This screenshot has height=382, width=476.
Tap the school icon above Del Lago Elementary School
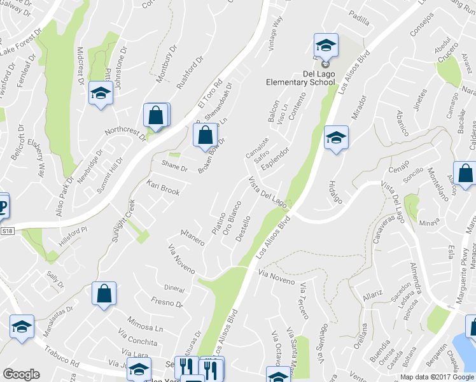(325, 46)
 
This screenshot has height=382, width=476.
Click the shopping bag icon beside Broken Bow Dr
(204, 135)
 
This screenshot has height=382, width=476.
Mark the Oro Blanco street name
(230, 219)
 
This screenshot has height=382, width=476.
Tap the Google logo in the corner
(21, 374)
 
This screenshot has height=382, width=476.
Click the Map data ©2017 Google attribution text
(437, 377)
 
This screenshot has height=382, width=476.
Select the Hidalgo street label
(335, 191)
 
